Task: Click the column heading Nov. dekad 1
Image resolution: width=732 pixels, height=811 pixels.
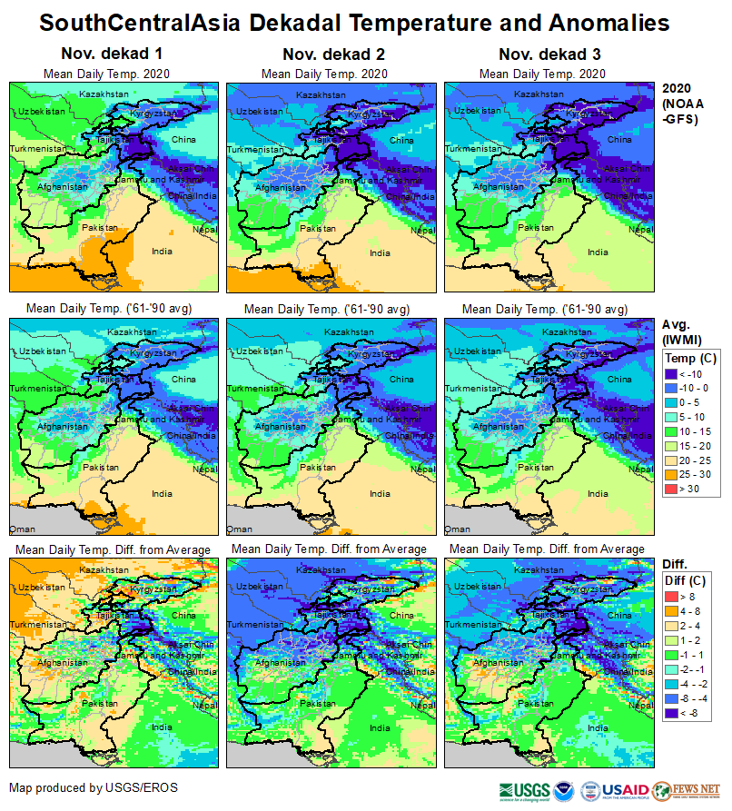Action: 112,54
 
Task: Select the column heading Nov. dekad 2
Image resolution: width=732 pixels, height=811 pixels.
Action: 331,54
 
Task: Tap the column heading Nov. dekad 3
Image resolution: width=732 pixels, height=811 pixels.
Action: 549,54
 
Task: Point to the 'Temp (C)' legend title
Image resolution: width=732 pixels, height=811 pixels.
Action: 691,358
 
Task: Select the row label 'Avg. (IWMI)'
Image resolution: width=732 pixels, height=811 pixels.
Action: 682,332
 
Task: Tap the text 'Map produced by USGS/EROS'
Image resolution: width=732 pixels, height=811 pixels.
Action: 94,787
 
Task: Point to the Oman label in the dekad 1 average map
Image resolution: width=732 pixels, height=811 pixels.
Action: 21,528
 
